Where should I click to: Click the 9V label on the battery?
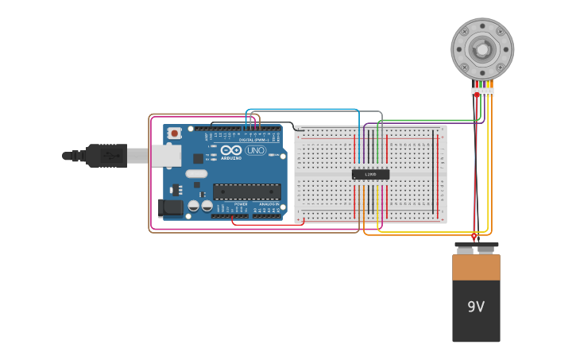[x=476, y=307]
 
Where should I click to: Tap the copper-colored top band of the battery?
[x=476, y=267]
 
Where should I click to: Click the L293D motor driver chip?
[x=370, y=174]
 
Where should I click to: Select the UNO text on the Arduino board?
[x=256, y=150]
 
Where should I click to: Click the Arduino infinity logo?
[x=231, y=150]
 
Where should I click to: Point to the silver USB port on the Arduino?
[x=166, y=156]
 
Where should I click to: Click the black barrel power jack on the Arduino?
[x=170, y=208]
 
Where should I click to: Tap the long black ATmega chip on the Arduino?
[x=246, y=192]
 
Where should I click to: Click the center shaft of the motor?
[x=482, y=49]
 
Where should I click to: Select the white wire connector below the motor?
[x=483, y=92]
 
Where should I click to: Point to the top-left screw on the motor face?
[x=465, y=32]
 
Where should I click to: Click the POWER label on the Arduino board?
[x=241, y=204]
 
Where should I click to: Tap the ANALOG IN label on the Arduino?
[x=268, y=204]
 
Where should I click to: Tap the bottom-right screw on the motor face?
[x=501, y=67]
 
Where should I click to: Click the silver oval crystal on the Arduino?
[x=196, y=173]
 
